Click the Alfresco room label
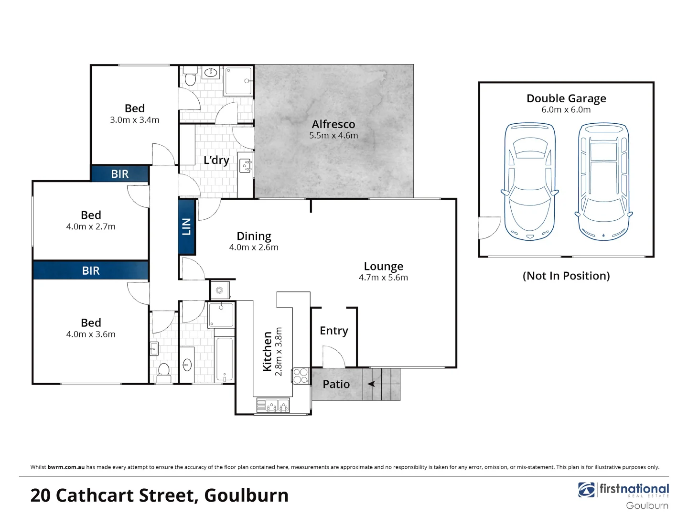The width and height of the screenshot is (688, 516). coord(333,124)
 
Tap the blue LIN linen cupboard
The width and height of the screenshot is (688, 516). coord(187,226)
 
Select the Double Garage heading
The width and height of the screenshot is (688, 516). coord(566,98)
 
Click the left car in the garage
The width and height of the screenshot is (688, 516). coord(529,182)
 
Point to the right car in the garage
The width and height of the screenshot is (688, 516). coord(604,182)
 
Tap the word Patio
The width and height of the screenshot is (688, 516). coord(336,384)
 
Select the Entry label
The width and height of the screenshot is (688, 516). coord(334,331)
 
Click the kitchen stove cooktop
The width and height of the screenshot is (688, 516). coord(301,376)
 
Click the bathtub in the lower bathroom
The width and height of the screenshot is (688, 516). coord(224,359)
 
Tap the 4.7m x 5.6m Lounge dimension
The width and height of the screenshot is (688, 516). coord(383,278)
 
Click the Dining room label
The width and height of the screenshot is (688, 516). coord(254,236)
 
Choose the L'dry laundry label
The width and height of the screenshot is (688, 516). coord(216,160)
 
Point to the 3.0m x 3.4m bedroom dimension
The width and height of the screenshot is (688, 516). coord(135,120)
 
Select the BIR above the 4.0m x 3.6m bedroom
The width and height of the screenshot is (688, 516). coord(91,271)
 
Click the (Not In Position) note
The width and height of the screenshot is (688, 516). coord(566,276)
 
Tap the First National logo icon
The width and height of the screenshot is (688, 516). coord(586,490)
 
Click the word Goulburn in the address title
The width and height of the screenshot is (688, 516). coord(247,495)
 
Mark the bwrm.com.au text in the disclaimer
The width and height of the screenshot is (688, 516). coord(66,467)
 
